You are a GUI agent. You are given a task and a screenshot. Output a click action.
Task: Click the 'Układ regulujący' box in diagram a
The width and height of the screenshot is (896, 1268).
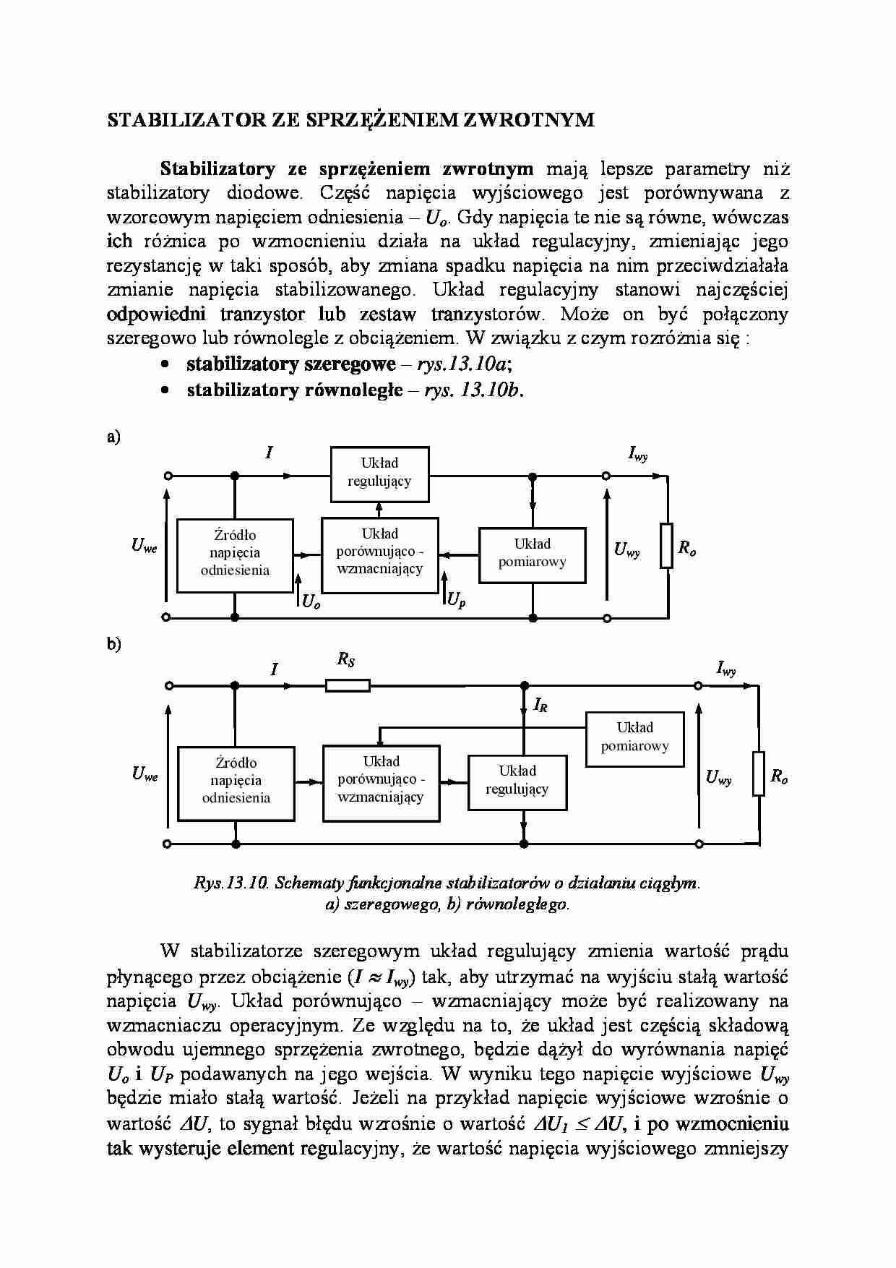click(x=379, y=474)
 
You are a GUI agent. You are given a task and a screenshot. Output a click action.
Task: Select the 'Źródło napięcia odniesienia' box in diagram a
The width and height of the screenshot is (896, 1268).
click(x=235, y=554)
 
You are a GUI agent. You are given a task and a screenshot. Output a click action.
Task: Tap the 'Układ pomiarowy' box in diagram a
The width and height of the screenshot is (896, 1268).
click(x=532, y=554)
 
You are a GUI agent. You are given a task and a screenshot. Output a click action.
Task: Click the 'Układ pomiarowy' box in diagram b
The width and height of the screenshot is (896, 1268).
click(x=634, y=738)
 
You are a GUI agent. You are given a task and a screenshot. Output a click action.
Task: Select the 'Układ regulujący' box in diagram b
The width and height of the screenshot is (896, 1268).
click(x=517, y=781)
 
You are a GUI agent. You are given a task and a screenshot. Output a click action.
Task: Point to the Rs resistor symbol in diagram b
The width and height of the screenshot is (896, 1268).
click(x=348, y=685)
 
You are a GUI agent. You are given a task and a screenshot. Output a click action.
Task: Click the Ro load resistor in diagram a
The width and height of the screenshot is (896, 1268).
click(x=666, y=546)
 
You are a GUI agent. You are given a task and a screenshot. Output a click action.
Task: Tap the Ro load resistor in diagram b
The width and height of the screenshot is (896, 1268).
click(x=758, y=774)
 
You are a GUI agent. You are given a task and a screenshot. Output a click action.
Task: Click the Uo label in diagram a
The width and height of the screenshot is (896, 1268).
click(x=311, y=601)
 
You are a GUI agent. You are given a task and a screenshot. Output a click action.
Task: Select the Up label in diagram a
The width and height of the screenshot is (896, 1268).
click(x=456, y=600)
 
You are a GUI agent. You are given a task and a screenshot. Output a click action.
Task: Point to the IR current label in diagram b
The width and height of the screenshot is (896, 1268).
click(x=540, y=705)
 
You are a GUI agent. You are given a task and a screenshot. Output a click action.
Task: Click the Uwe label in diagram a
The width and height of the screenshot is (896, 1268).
click(x=144, y=547)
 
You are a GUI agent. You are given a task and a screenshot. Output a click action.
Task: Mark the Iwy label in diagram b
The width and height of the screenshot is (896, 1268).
click(x=726, y=669)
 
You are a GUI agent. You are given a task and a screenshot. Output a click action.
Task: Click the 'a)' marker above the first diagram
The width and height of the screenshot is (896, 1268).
click(x=113, y=437)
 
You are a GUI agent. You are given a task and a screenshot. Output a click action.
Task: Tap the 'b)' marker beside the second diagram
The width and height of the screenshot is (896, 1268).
click(x=113, y=644)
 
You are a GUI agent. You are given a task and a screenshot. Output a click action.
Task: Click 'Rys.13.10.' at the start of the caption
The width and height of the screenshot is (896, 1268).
click(x=231, y=883)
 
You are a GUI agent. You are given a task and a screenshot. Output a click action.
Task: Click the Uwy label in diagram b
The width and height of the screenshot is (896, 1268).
click(x=718, y=778)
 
